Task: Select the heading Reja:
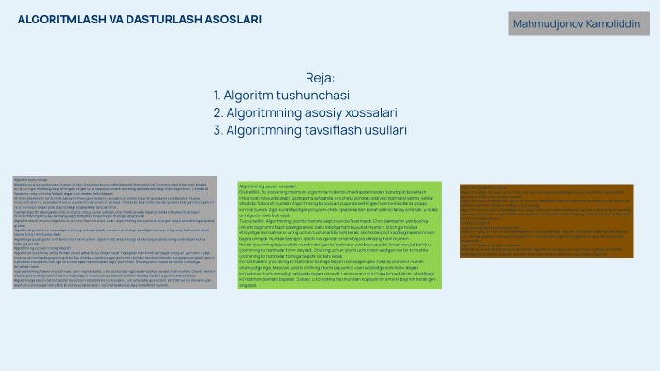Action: pyautogui.click(x=321, y=78)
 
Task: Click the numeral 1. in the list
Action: pyautogui.click(x=217, y=96)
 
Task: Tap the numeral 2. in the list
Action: pyautogui.click(x=218, y=113)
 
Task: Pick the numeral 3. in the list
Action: pyautogui.click(x=218, y=130)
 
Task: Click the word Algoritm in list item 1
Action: pyautogui.click(x=247, y=96)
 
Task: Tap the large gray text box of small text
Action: pyautogui.click(x=114, y=230)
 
